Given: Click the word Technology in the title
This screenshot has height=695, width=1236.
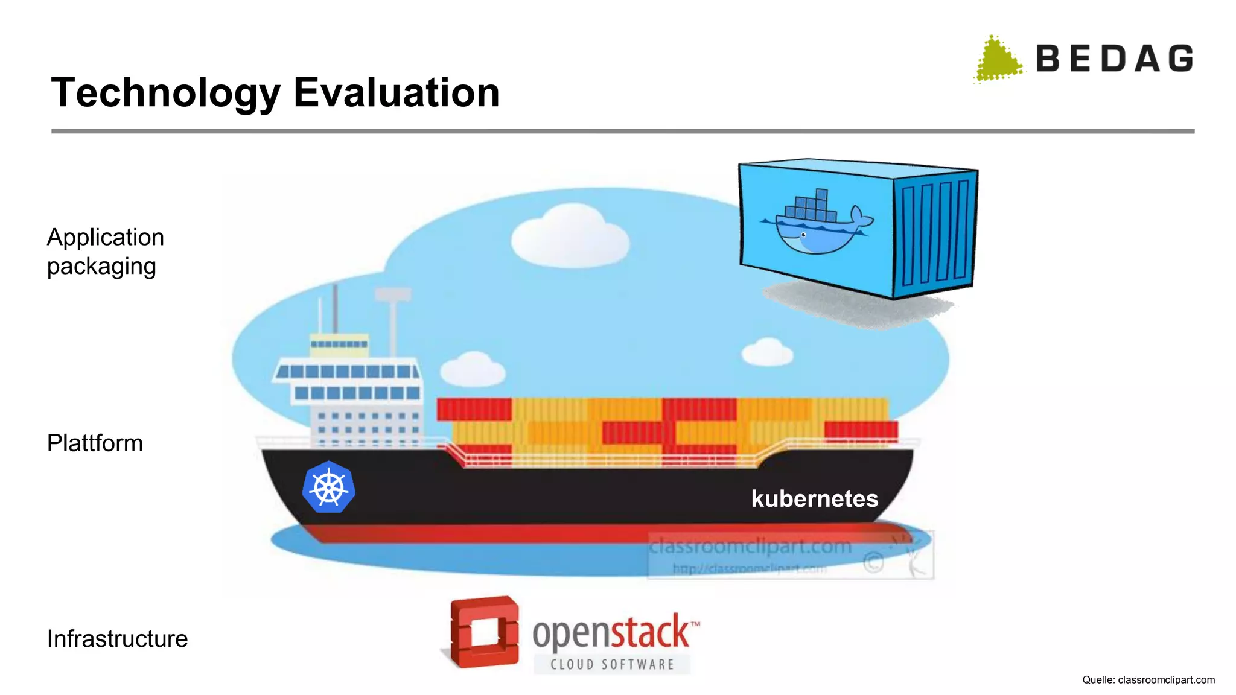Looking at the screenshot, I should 166,94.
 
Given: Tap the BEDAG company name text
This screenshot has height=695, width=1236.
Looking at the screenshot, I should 1114,59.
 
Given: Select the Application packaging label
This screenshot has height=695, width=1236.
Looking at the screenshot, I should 106,252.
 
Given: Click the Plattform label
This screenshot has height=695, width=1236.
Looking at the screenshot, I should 95,443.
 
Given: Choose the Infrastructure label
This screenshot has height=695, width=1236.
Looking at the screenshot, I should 117,639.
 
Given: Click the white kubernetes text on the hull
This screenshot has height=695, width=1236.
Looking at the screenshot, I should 814,499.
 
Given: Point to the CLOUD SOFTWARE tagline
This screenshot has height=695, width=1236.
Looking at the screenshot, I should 612,665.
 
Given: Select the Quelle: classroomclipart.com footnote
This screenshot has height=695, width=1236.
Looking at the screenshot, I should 1148,680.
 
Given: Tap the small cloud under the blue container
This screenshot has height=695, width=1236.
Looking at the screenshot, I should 767,352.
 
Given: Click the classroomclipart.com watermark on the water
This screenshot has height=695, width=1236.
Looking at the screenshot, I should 750,547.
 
